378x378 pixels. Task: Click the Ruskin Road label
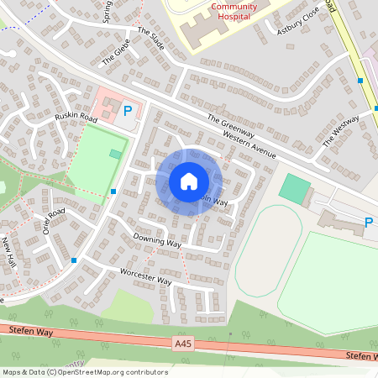76,118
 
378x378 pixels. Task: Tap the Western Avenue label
249,144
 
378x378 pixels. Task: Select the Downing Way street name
157,240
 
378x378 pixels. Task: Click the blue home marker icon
189,181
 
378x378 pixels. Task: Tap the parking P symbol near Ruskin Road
129,109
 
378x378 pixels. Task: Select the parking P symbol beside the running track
368,223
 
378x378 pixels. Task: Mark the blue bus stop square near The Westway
360,81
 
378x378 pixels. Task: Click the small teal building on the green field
115,154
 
